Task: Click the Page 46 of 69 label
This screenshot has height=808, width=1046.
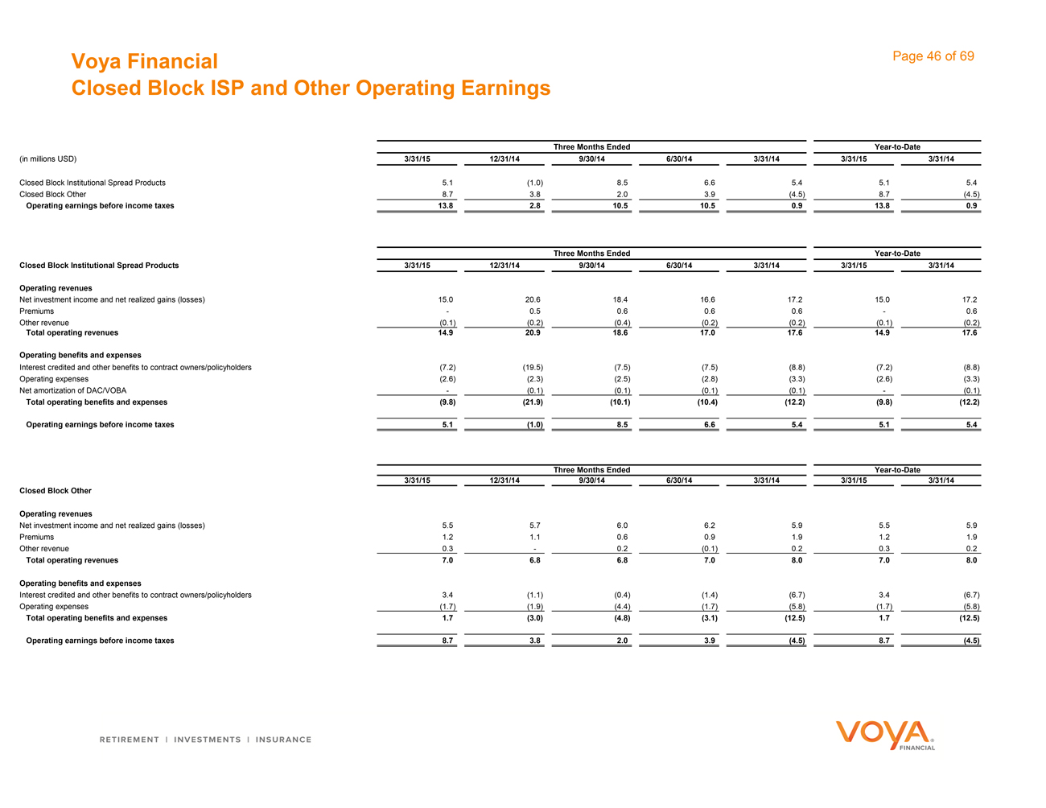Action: [933, 56]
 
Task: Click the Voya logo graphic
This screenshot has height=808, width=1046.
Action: [885, 735]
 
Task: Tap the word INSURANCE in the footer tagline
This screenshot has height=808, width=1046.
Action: [283, 740]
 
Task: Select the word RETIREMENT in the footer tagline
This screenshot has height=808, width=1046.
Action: [129, 740]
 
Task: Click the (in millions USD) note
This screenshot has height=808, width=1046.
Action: [47, 159]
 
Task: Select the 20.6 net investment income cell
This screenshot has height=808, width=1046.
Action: [533, 299]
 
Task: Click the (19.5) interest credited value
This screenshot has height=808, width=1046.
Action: [533, 367]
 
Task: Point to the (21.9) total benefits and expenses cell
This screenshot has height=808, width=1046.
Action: [532, 402]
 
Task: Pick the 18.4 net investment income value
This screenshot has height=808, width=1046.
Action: [620, 299]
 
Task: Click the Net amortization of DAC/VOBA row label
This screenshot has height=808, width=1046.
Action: [72, 390]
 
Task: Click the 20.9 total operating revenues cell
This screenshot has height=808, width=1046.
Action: [533, 332]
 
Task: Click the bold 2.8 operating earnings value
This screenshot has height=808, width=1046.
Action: [535, 206]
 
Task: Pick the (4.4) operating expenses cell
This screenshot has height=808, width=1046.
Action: [621, 607]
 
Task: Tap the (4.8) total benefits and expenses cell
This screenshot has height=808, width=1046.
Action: [620, 618]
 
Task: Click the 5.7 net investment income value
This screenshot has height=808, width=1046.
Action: [534, 526]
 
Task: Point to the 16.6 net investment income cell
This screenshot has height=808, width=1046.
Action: [708, 299]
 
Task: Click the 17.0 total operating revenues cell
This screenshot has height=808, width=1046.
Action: [708, 332]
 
